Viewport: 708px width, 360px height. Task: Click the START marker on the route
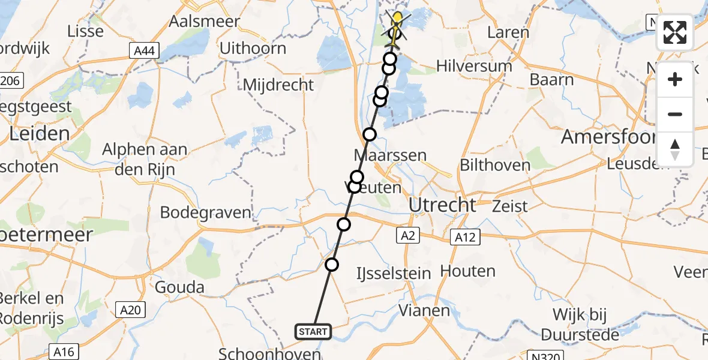tap(313, 331)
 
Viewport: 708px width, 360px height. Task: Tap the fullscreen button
tap(675, 33)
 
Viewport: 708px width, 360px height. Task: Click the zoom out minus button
tap(675, 114)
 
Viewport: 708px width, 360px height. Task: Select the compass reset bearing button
tap(675, 149)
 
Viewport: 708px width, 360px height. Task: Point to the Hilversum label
tap(474, 66)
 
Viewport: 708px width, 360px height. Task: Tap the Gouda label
tap(179, 287)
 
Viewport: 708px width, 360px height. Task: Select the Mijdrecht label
tap(278, 85)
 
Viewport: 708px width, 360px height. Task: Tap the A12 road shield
tap(465, 237)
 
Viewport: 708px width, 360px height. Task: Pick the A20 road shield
tap(130, 310)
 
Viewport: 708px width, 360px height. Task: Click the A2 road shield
tap(408, 236)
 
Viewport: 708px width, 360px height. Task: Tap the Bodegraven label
tap(205, 212)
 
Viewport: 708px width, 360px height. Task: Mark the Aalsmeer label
tap(205, 22)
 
